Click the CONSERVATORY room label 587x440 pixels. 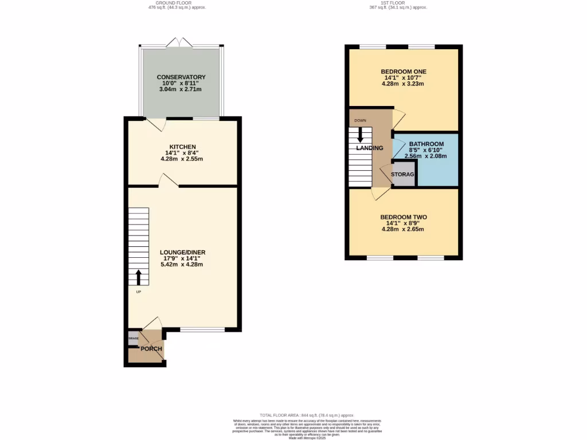181,77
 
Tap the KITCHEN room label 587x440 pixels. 182,147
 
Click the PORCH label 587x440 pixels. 152,349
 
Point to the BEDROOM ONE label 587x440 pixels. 404,72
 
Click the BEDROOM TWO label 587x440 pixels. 404,217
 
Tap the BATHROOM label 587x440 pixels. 426,144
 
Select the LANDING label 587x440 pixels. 369,148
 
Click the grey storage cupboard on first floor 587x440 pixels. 403,175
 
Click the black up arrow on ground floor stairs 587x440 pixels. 138,277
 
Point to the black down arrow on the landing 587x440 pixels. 360,135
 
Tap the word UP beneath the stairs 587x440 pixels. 138,292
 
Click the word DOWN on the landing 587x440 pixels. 360,120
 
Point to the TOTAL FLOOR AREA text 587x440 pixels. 307,415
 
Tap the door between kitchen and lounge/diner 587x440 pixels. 169,182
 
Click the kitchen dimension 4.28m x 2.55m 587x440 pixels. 182,158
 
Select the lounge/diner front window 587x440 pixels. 202,329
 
